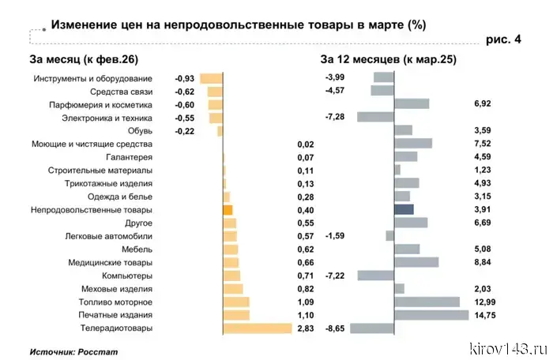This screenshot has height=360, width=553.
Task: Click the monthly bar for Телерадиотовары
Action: click(258, 328)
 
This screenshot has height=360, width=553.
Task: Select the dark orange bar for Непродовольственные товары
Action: click(228, 210)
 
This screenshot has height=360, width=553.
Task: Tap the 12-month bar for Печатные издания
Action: click(432, 315)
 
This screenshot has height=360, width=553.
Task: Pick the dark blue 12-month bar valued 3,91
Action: click(404, 210)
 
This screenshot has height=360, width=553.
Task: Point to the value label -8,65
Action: click(335, 328)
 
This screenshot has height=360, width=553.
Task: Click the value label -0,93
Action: click(184, 78)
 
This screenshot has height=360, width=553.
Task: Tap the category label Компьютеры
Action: click(126, 276)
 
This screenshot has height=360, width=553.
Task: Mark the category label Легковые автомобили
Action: click(108, 236)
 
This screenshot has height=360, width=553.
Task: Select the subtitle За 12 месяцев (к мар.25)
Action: click(388, 59)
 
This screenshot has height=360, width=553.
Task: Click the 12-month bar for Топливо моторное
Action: click(427, 302)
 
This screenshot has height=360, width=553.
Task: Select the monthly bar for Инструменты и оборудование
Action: click(211, 78)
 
